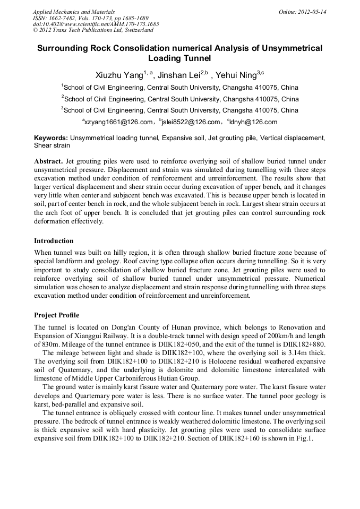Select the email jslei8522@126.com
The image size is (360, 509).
[190, 122]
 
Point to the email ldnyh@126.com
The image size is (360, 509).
[254, 122]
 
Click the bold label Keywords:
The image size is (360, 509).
[51, 138]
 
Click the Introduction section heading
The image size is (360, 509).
[54, 240]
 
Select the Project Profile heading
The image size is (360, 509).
[56, 315]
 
